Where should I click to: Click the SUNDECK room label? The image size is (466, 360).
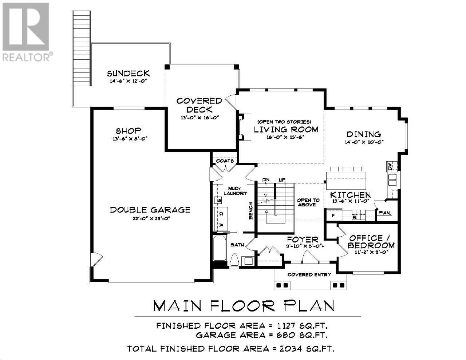click(x=128, y=74)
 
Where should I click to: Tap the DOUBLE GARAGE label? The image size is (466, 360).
click(x=150, y=210)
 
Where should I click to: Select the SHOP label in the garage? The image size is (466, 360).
click(x=129, y=131)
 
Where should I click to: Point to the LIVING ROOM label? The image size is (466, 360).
click(x=286, y=130)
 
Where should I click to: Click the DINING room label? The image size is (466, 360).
click(x=364, y=134)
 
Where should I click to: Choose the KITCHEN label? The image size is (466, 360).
click(x=351, y=195)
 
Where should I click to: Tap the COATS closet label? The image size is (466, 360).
click(x=225, y=161)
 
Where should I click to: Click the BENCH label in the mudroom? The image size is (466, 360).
click(x=250, y=211)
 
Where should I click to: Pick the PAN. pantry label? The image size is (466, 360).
click(x=386, y=213)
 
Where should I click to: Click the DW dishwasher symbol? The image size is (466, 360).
click(x=390, y=167)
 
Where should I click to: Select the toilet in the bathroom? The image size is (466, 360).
click(x=234, y=260)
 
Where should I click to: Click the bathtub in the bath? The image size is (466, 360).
click(x=220, y=248)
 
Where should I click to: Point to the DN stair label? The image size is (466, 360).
click(x=266, y=180)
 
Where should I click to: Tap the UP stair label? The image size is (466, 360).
click(x=282, y=180)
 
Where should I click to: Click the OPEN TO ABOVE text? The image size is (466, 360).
click(x=308, y=202)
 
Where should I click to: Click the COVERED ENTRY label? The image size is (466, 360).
click(x=309, y=275)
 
